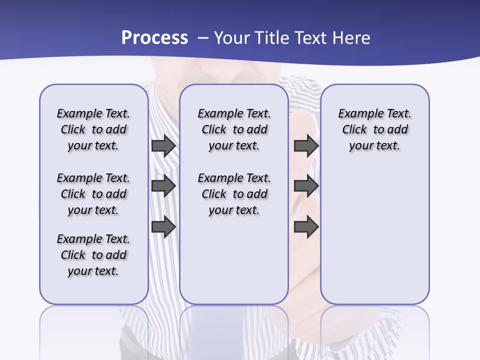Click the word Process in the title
tap(154, 38)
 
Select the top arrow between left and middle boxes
tap(163, 146)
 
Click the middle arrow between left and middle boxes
tap(163, 186)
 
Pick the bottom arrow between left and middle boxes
tap(163, 226)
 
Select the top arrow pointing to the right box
tap(306, 146)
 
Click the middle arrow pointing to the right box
tap(306, 186)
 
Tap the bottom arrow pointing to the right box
tap(306, 226)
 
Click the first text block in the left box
tap(93, 129)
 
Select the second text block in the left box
tap(93, 194)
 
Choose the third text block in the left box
tap(93, 255)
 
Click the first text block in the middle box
tap(234, 129)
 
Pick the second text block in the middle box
tap(234, 194)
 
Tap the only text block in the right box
tap(375, 129)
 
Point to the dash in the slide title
tap(203, 38)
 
